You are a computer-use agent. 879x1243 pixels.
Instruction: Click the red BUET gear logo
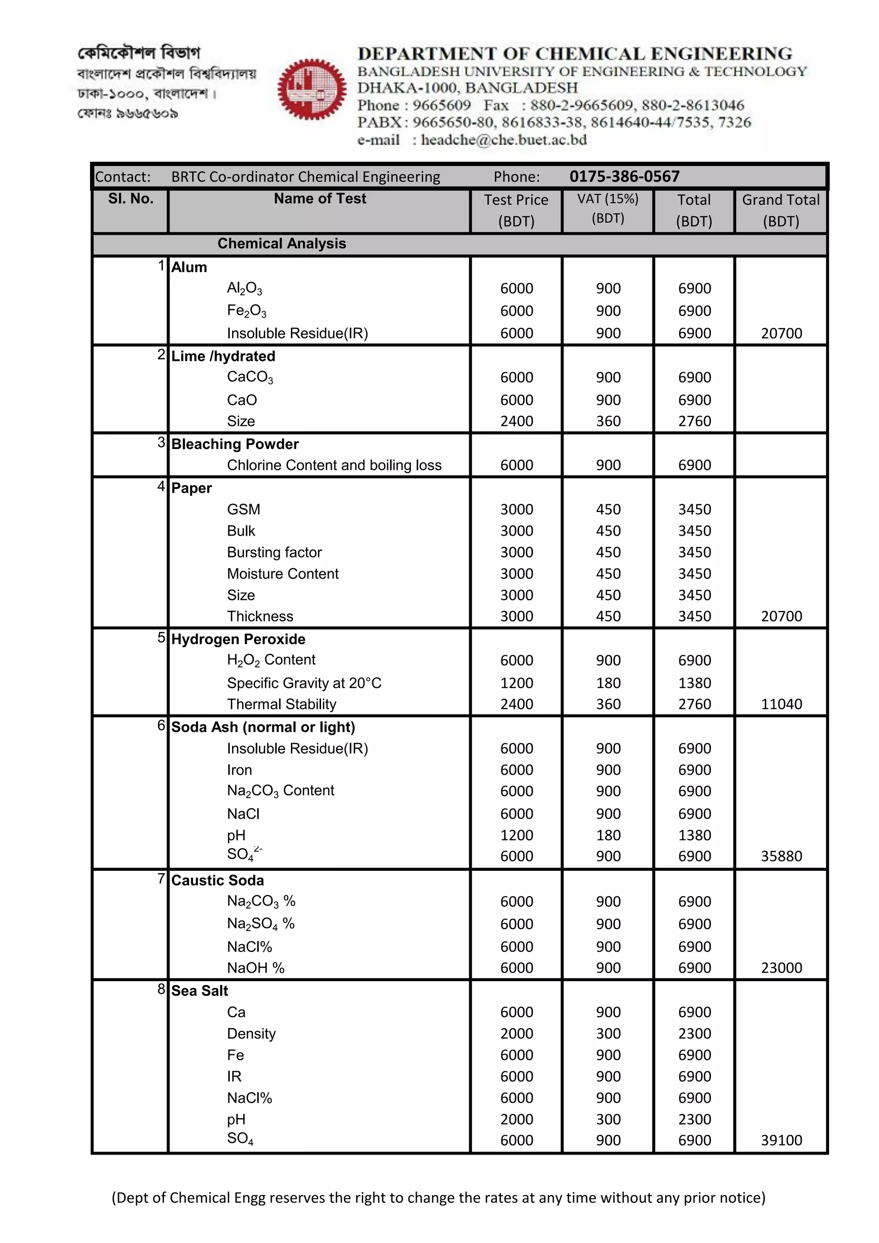click(312, 89)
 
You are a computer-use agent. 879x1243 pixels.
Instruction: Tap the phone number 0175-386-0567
click(624, 176)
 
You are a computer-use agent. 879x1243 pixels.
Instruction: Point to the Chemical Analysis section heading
click(282, 244)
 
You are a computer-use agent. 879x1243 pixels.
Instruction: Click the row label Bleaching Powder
click(235, 444)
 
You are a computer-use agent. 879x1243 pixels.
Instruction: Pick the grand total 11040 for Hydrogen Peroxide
click(781, 704)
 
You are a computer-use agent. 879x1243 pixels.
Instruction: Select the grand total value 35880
click(781, 856)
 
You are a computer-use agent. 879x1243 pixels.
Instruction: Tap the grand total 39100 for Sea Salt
click(781, 1140)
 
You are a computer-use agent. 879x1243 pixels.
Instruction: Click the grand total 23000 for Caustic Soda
click(781, 967)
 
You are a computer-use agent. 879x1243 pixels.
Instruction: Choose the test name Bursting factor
click(274, 552)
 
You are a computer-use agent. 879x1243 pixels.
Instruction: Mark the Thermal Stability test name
click(282, 704)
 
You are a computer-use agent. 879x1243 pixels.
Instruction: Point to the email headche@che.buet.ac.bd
click(503, 139)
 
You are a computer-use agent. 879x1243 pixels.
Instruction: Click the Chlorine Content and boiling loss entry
click(334, 465)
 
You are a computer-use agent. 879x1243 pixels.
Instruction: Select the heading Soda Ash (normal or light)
click(263, 727)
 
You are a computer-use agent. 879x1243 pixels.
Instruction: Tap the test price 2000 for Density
click(516, 1034)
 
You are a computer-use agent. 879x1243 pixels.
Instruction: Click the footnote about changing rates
click(438, 1198)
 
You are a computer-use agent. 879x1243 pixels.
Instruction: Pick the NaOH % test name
click(255, 967)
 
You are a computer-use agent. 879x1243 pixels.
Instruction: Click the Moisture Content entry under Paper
click(282, 573)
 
